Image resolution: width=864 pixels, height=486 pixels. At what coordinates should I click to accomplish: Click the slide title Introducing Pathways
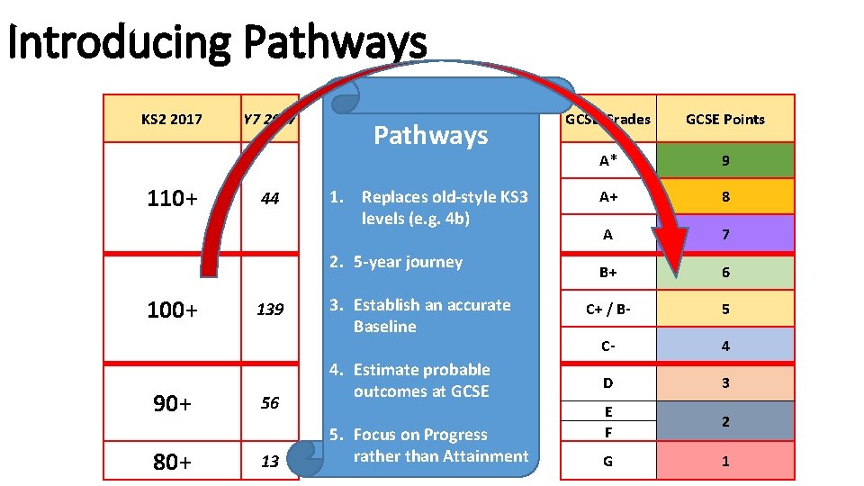point(216,42)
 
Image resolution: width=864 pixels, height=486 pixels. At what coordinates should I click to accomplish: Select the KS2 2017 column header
point(172,119)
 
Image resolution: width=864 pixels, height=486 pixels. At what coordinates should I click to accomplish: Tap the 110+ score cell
point(172,198)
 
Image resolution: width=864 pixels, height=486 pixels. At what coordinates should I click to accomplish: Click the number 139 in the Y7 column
point(270,310)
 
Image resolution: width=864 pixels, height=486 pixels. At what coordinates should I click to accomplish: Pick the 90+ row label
point(172,403)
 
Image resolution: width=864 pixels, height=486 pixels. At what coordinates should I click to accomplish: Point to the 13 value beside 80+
point(270,462)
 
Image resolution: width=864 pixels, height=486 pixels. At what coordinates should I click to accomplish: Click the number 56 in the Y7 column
point(270,403)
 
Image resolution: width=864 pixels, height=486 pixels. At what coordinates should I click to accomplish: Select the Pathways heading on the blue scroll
point(430,136)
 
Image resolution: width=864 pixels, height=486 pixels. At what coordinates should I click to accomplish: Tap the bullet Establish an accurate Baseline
point(432,315)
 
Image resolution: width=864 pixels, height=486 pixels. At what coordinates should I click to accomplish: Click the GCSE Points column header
point(725,119)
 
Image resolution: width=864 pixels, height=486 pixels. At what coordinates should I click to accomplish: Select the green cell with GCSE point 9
point(725,161)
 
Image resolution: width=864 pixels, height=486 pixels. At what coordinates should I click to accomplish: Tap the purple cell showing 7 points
point(725,234)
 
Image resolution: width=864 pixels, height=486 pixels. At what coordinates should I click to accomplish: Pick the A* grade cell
point(608,161)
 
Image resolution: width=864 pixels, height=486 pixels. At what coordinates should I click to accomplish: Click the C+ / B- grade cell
point(608,309)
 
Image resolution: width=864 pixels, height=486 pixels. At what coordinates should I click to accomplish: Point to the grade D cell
point(608,383)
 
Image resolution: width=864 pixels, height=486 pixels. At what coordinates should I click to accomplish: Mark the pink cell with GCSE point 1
point(725,462)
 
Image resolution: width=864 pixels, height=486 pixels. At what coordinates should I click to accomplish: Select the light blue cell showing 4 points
point(725,346)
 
